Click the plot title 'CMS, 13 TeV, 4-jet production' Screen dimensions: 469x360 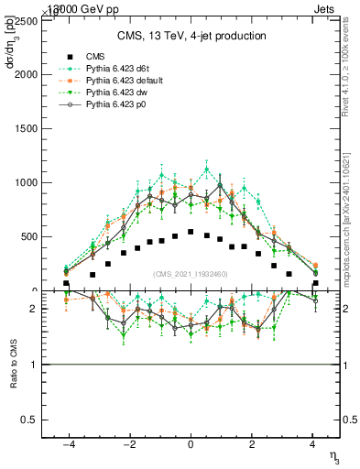point(191,36)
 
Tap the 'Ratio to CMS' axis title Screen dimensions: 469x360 point(12,365)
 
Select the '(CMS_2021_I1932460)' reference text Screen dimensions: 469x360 point(191,274)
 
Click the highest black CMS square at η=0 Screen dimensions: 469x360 point(191,232)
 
